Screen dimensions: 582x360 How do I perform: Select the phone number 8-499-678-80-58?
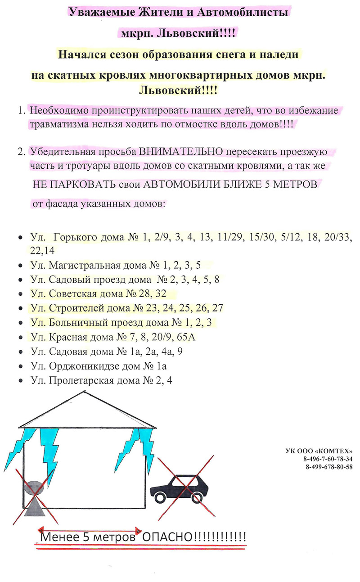tap(329, 466)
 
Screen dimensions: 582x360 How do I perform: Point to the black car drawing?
tap(178, 488)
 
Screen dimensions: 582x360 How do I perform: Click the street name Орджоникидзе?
tap(87, 366)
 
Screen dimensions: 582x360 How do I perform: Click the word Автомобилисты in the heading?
tap(243, 13)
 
